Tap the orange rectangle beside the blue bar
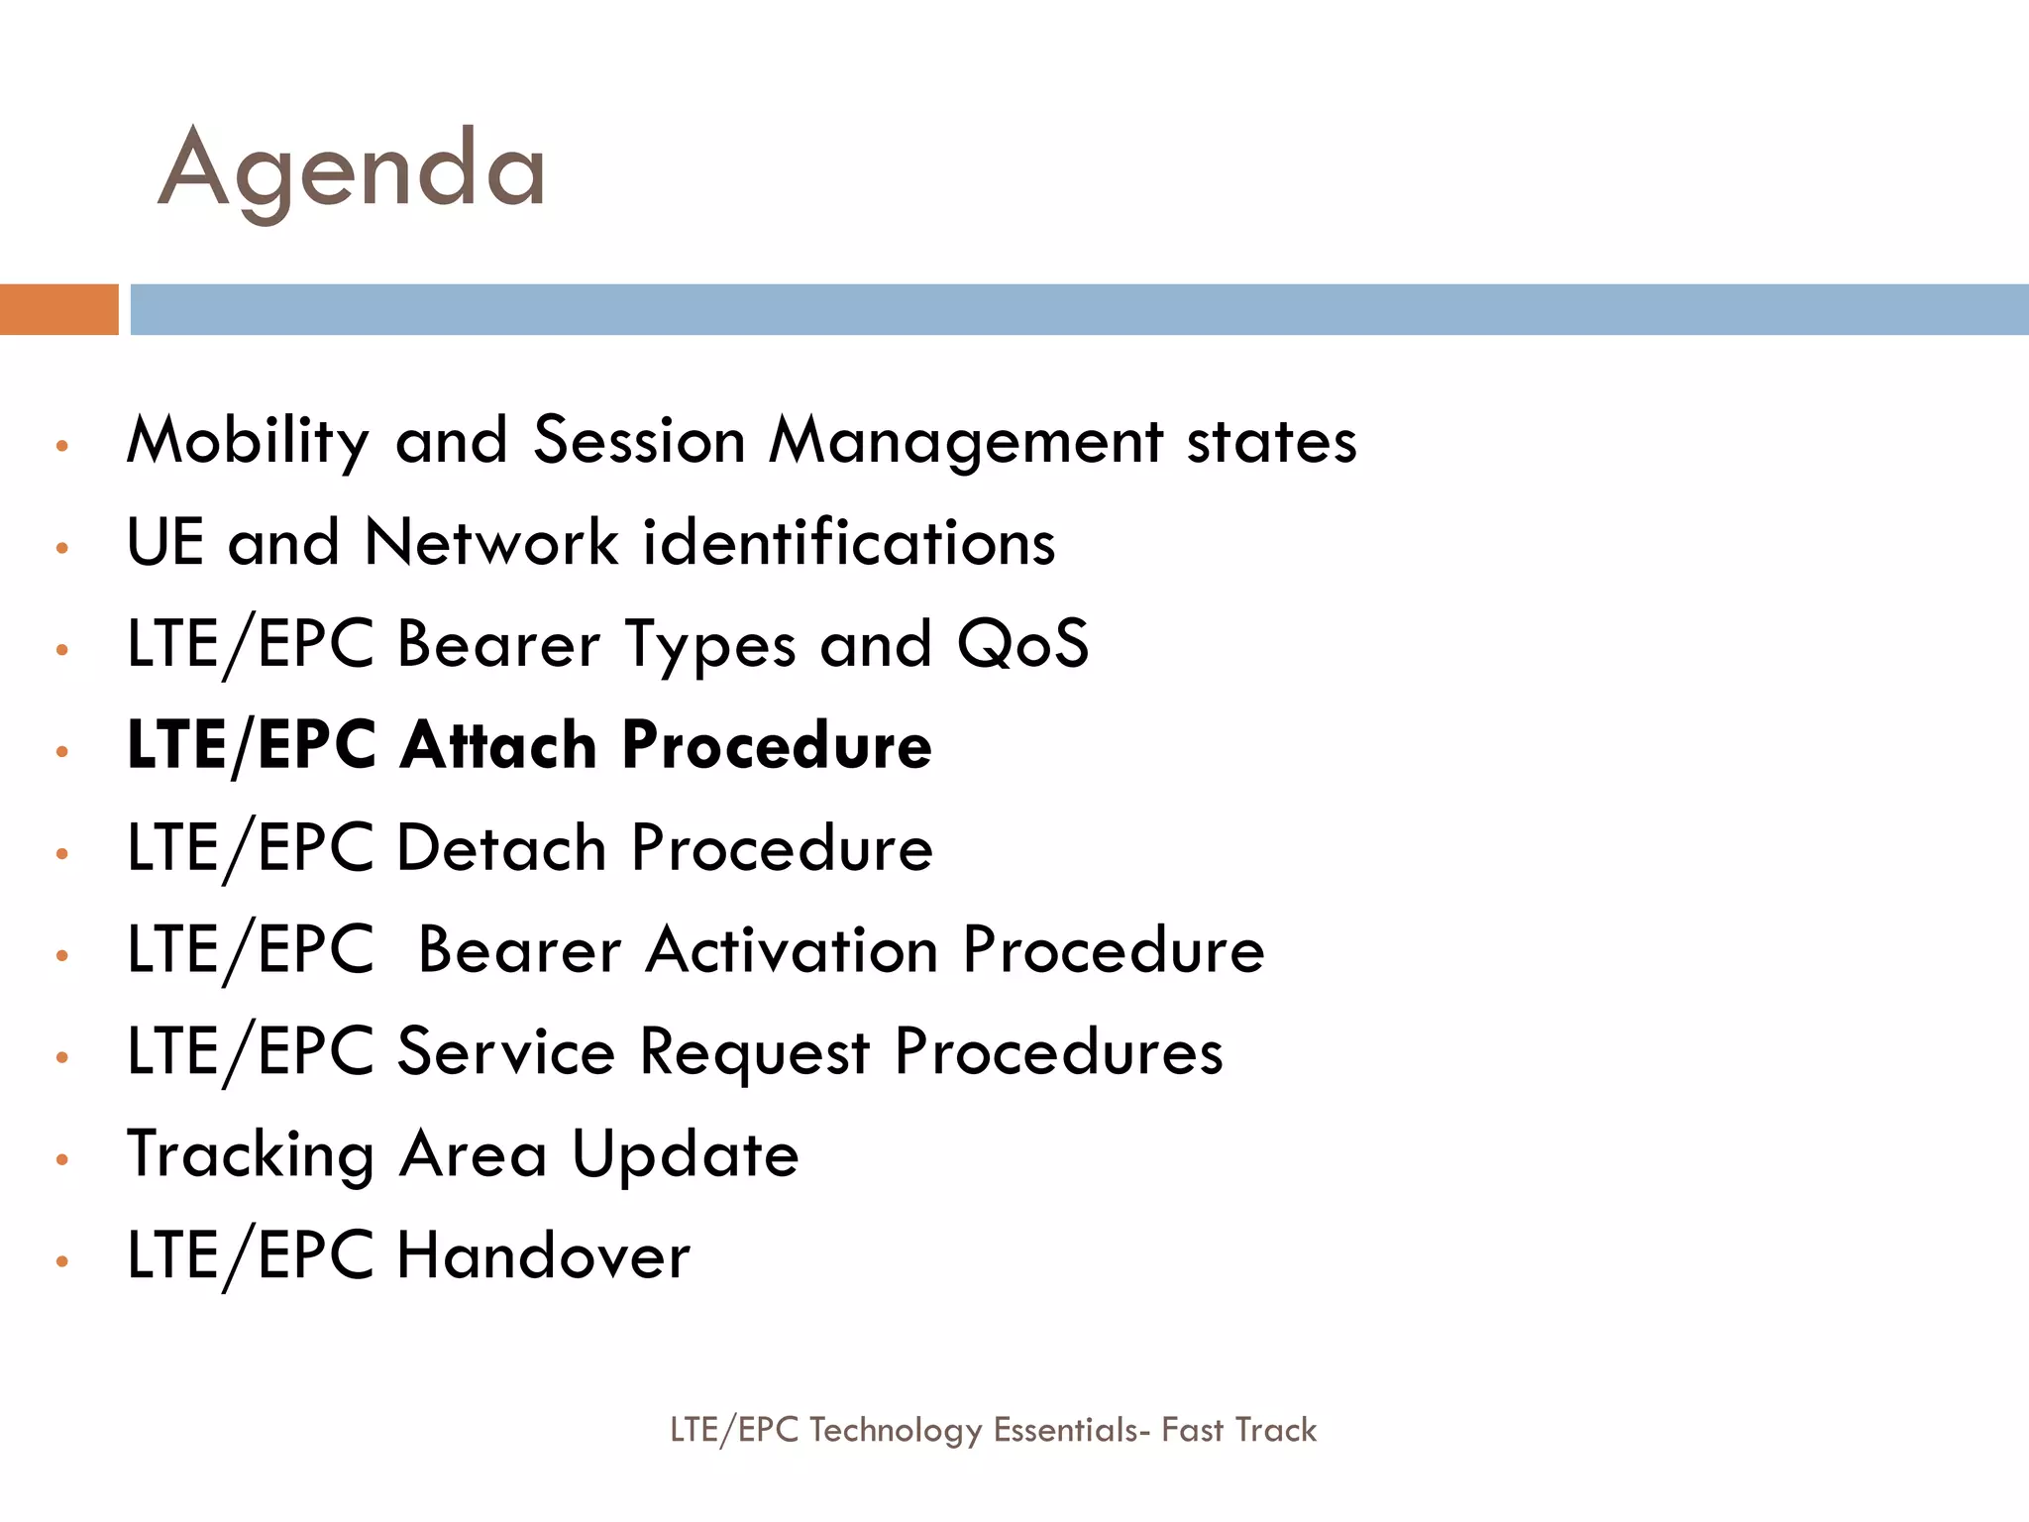[x=58, y=309]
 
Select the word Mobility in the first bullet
[x=248, y=442]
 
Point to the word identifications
[x=849, y=543]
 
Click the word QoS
[x=1022, y=644]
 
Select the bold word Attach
[x=498, y=745]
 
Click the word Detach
[x=501, y=848]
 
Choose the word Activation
[x=792, y=950]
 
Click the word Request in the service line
[x=754, y=1052]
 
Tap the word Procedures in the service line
[x=1058, y=1052]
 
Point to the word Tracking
[x=251, y=1155]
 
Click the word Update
[x=686, y=1155]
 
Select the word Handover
[x=543, y=1256]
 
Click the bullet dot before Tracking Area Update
[x=61, y=1159]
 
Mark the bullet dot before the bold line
[x=61, y=751]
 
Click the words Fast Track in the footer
[x=1238, y=1430]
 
